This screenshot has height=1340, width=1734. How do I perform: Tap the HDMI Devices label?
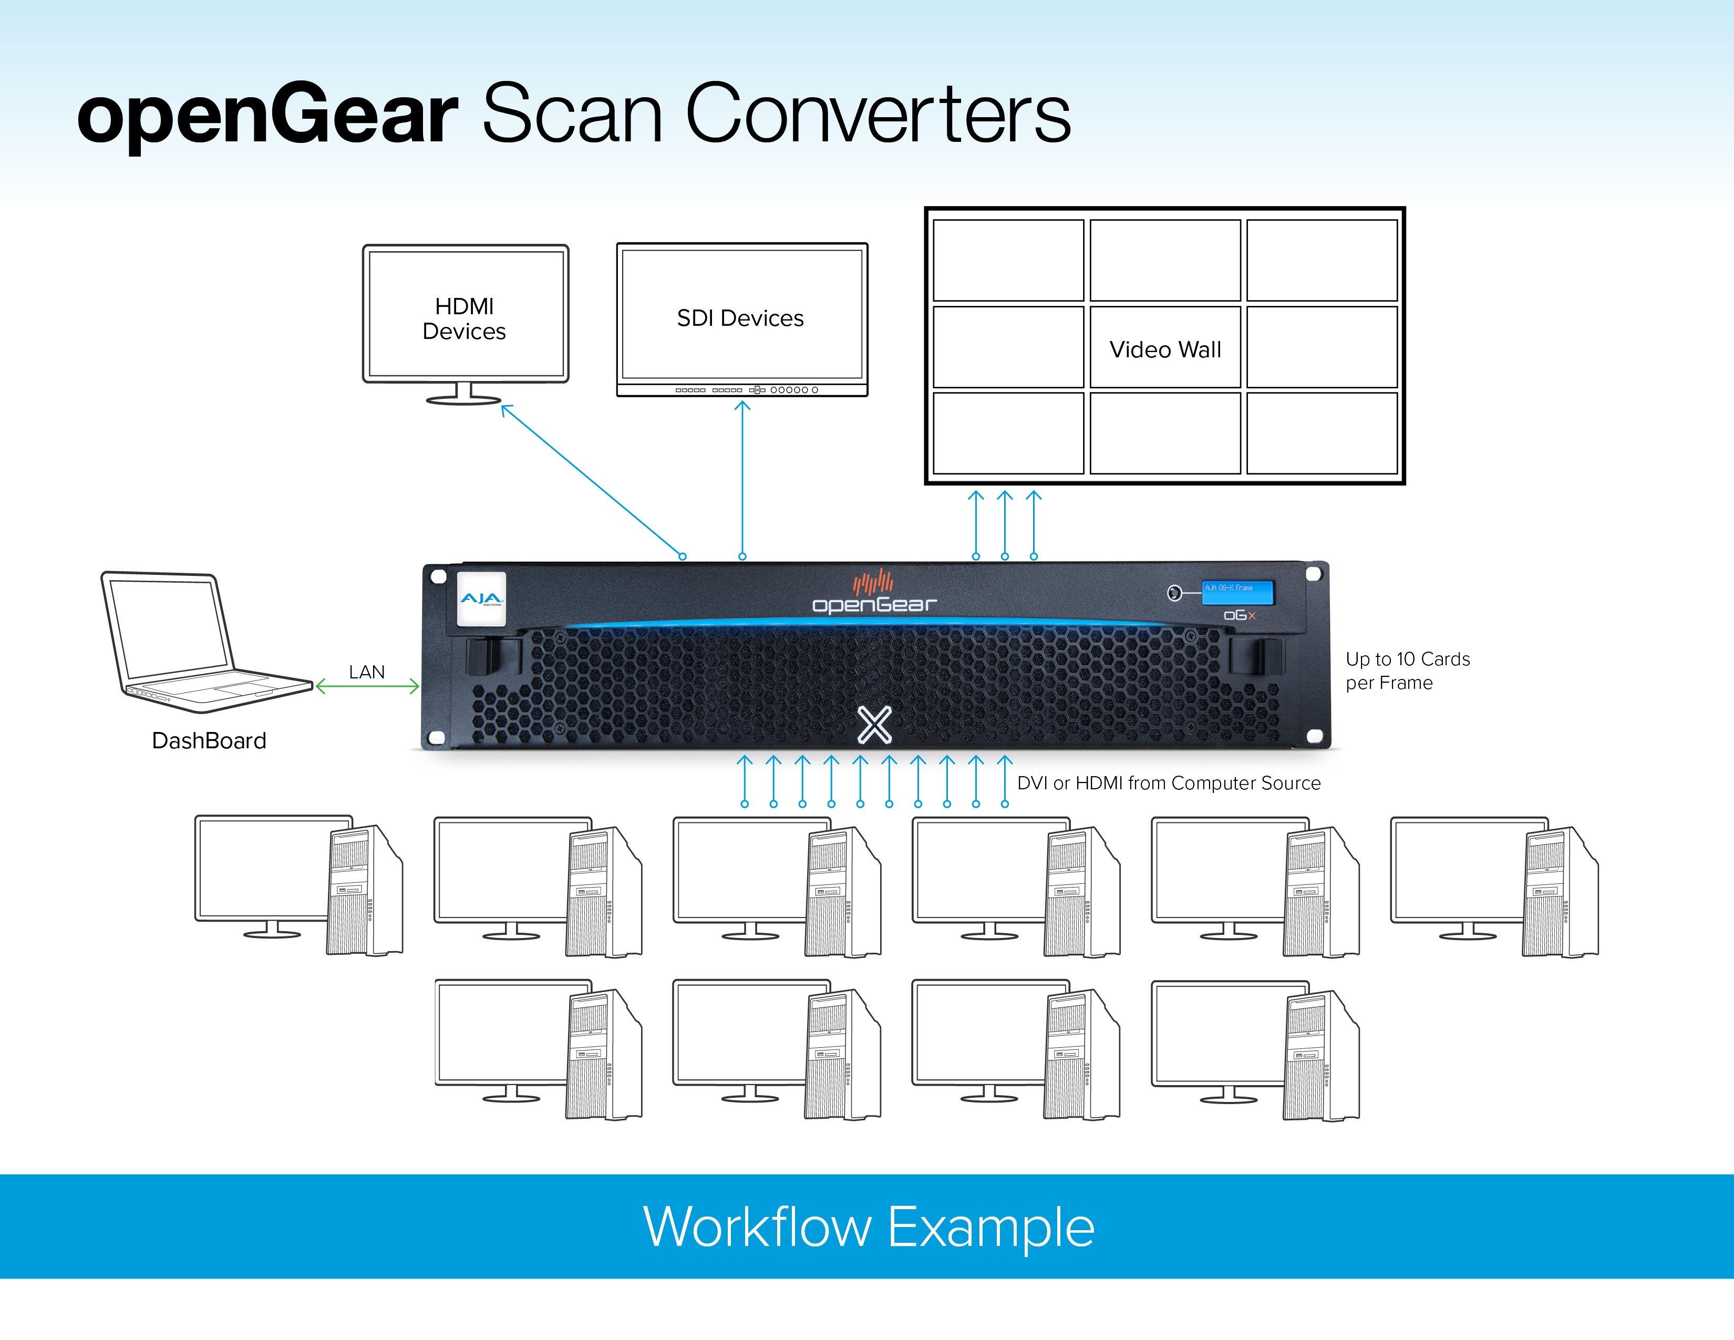465,318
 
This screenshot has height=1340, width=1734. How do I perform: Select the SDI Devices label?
740,318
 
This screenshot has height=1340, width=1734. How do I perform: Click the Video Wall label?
1165,349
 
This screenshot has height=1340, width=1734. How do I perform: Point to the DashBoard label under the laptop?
209,740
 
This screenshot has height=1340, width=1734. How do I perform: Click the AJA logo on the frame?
481,599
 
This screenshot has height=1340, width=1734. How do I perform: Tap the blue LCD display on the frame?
1236,591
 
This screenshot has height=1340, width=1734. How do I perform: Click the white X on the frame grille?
874,724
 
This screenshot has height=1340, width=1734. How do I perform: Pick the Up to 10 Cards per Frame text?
1406,671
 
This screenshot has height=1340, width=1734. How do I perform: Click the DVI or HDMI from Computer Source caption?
1168,783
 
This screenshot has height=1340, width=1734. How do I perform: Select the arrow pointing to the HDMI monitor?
592,481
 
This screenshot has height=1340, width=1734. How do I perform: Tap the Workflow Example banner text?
869,1227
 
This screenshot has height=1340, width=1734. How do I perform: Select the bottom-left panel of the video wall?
1008,434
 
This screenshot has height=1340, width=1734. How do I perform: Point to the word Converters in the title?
878,115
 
